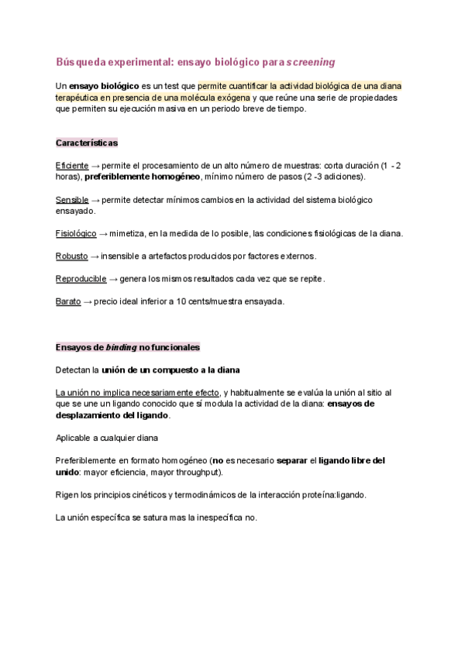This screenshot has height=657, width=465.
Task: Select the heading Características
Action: pyautogui.click(x=87, y=143)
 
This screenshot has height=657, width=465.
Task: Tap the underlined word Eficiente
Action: pyautogui.click(x=72, y=166)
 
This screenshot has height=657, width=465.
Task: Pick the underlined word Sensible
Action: pyautogui.click(x=72, y=200)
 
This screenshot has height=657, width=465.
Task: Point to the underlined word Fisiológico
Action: pyautogui.click(x=76, y=233)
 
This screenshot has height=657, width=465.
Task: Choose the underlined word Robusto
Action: pyautogui.click(x=71, y=256)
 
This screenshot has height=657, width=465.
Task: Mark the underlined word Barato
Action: pyautogui.click(x=68, y=301)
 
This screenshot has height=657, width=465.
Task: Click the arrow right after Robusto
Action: pyautogui.click(x=95, y=256)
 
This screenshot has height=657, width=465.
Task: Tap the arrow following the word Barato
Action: pyautogui.click(x=87, y=301)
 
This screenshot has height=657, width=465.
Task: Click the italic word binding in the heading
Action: pyautogui.click(x=121, y=347)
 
